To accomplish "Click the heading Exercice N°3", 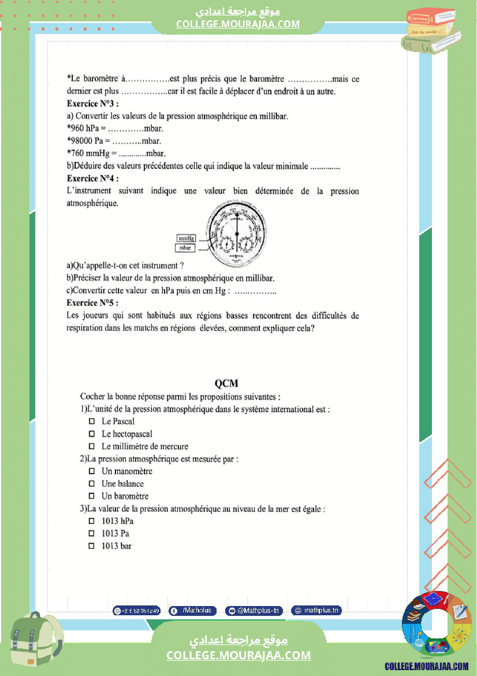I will point(92,104).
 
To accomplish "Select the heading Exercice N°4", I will point(92,178).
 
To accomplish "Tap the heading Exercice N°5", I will point(92,303).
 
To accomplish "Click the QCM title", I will point(226,383).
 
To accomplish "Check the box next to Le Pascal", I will point(91,422).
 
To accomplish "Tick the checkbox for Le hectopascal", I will point(91,434).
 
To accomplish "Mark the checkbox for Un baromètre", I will point(91,496).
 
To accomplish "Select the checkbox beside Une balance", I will point(91,483).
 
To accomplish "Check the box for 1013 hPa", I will point(91,521).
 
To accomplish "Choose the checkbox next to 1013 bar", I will point(91,546).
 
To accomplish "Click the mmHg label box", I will point(186,238).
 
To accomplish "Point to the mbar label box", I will point(186,248).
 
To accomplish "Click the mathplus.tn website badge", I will point(316,610).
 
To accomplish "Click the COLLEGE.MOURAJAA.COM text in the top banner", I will point(238,24).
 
